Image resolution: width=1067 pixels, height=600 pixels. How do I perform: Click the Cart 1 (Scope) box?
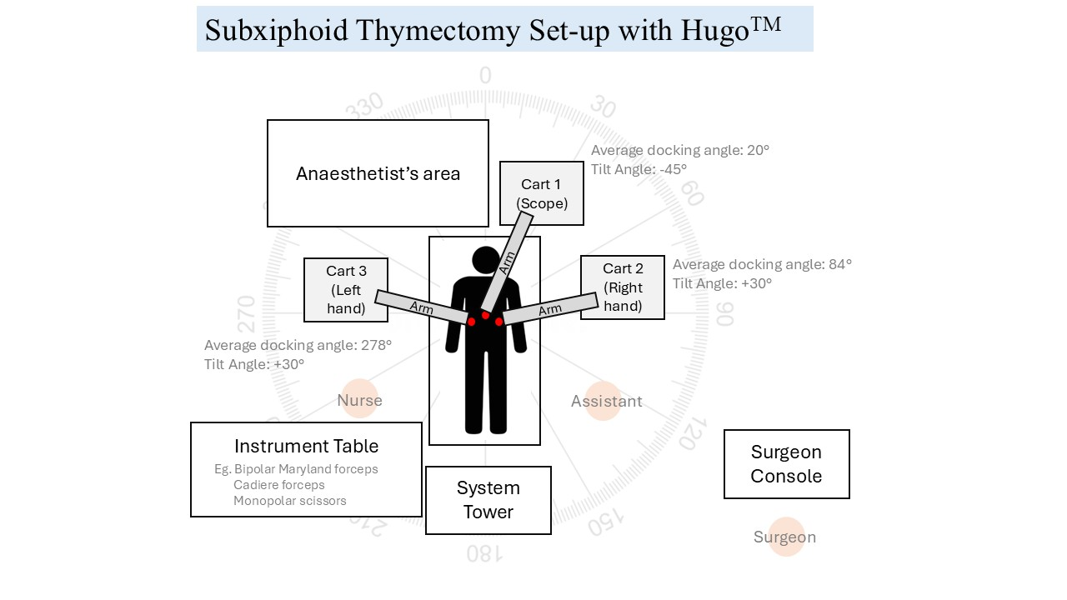pos(542,192)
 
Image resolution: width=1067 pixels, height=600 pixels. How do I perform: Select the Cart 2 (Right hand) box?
pos(623,287)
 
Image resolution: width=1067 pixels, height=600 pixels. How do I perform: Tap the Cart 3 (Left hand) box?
pos(346,290)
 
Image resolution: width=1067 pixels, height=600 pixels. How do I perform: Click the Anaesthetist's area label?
pos(378,174)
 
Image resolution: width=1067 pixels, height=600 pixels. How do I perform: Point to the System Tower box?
pos(488,500)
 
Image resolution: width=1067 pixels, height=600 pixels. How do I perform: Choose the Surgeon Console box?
pos(786,464)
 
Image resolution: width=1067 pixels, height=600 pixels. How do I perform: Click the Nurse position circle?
pos(359,398)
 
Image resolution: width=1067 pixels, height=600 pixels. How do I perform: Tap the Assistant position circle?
pos(604,401)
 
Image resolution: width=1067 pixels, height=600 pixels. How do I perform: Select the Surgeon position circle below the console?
pos(786,537)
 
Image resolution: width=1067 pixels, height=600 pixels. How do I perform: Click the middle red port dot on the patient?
pos(485,315)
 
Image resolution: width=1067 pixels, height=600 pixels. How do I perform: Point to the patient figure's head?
pos(486,260)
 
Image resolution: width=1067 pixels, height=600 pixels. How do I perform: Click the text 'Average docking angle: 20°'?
pos(680,151)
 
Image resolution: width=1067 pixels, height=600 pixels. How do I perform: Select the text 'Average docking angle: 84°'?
pos(762,264)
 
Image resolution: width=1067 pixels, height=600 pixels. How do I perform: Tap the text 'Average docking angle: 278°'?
pos(298,345)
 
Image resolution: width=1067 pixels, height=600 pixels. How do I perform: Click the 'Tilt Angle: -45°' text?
pos(639,169)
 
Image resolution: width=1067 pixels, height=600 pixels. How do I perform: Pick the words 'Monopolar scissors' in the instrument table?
pos(289,501)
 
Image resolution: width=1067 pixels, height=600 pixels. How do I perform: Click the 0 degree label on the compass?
pos(485,75)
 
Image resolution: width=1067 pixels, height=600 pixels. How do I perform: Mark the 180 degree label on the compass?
pos(484,554)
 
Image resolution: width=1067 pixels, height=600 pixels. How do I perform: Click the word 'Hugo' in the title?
pos(715,31)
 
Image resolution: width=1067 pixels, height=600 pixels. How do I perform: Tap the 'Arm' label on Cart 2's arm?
pos(550,310)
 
